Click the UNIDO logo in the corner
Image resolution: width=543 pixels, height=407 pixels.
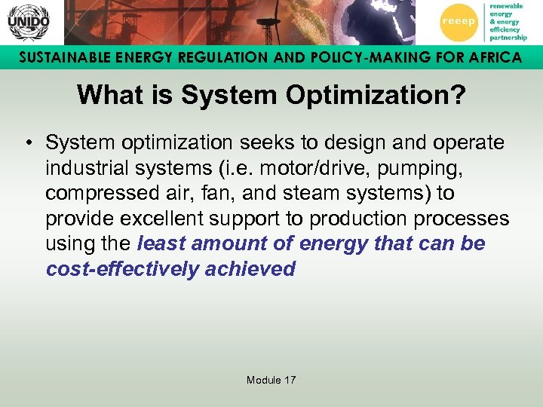[x=28, y=22]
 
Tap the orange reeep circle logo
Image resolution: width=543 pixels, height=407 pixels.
[x=458, y=22]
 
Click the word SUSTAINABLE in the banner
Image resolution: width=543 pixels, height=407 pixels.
[x=63, y=57]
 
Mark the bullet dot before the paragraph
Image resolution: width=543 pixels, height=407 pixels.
[x=27, y=142]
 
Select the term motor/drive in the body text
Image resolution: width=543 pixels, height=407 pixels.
[x=304, y=167]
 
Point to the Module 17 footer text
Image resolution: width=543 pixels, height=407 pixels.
[x=271, y=380]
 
